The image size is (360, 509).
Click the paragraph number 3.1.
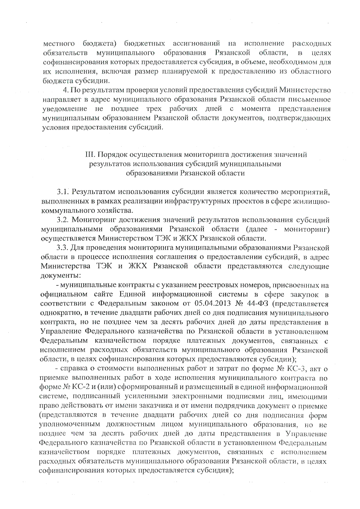click(x=63, y=191)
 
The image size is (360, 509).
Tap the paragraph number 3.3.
click(x=63, y=248)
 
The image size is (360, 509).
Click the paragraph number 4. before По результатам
click(x=66, y=90)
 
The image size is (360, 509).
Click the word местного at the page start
click(x=59, y=44)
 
